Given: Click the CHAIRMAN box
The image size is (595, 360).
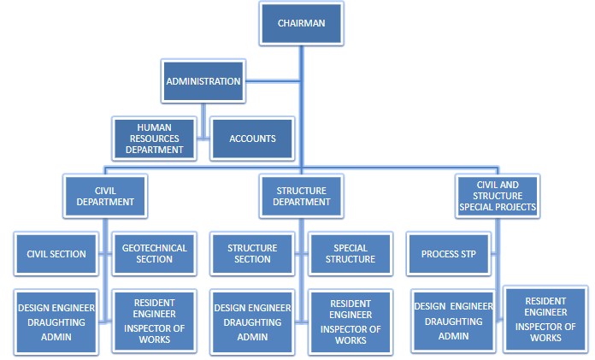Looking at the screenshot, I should click(300, 24).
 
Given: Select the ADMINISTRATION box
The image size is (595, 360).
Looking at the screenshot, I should click(203, 82).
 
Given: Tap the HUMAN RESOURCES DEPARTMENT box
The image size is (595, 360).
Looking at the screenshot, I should click(154, 137).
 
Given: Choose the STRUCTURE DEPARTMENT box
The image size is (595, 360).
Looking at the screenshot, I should click(301, 196).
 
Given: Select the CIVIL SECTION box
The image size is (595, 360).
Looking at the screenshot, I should click(56, 254).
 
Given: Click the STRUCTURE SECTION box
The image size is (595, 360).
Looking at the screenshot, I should click(252, 254).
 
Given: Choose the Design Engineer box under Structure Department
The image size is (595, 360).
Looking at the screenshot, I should click(252, 321).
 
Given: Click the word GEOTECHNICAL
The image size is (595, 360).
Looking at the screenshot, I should click(154, 248).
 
